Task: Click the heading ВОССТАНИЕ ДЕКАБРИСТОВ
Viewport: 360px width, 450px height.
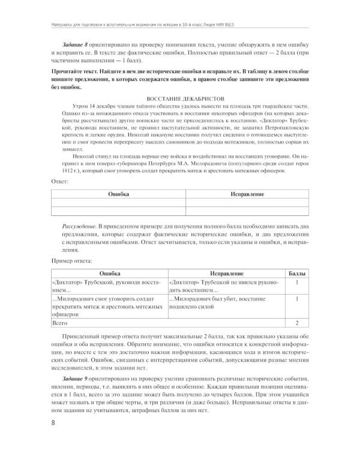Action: (x=179, y=97)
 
